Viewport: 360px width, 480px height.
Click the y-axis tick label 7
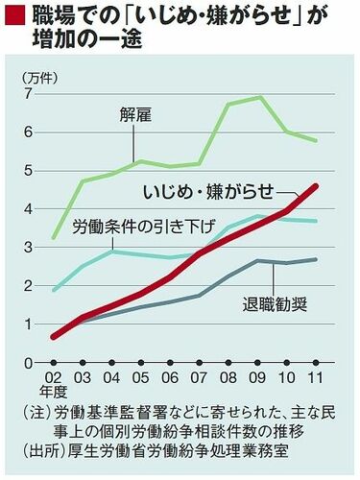tap(30, 94)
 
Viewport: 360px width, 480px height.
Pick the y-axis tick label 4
tap(30, 209)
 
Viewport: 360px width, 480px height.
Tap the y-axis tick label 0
tap(30, 363)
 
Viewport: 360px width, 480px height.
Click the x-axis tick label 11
tap(315, 376)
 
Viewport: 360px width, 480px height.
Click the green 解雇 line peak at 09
tap(260, 97)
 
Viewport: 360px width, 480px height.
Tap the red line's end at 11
tap(316, 185)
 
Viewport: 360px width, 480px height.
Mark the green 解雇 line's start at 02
tap(53, 237)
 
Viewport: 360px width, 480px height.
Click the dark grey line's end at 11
tap(316, 259)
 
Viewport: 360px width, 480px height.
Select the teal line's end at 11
tap(316, 222)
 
